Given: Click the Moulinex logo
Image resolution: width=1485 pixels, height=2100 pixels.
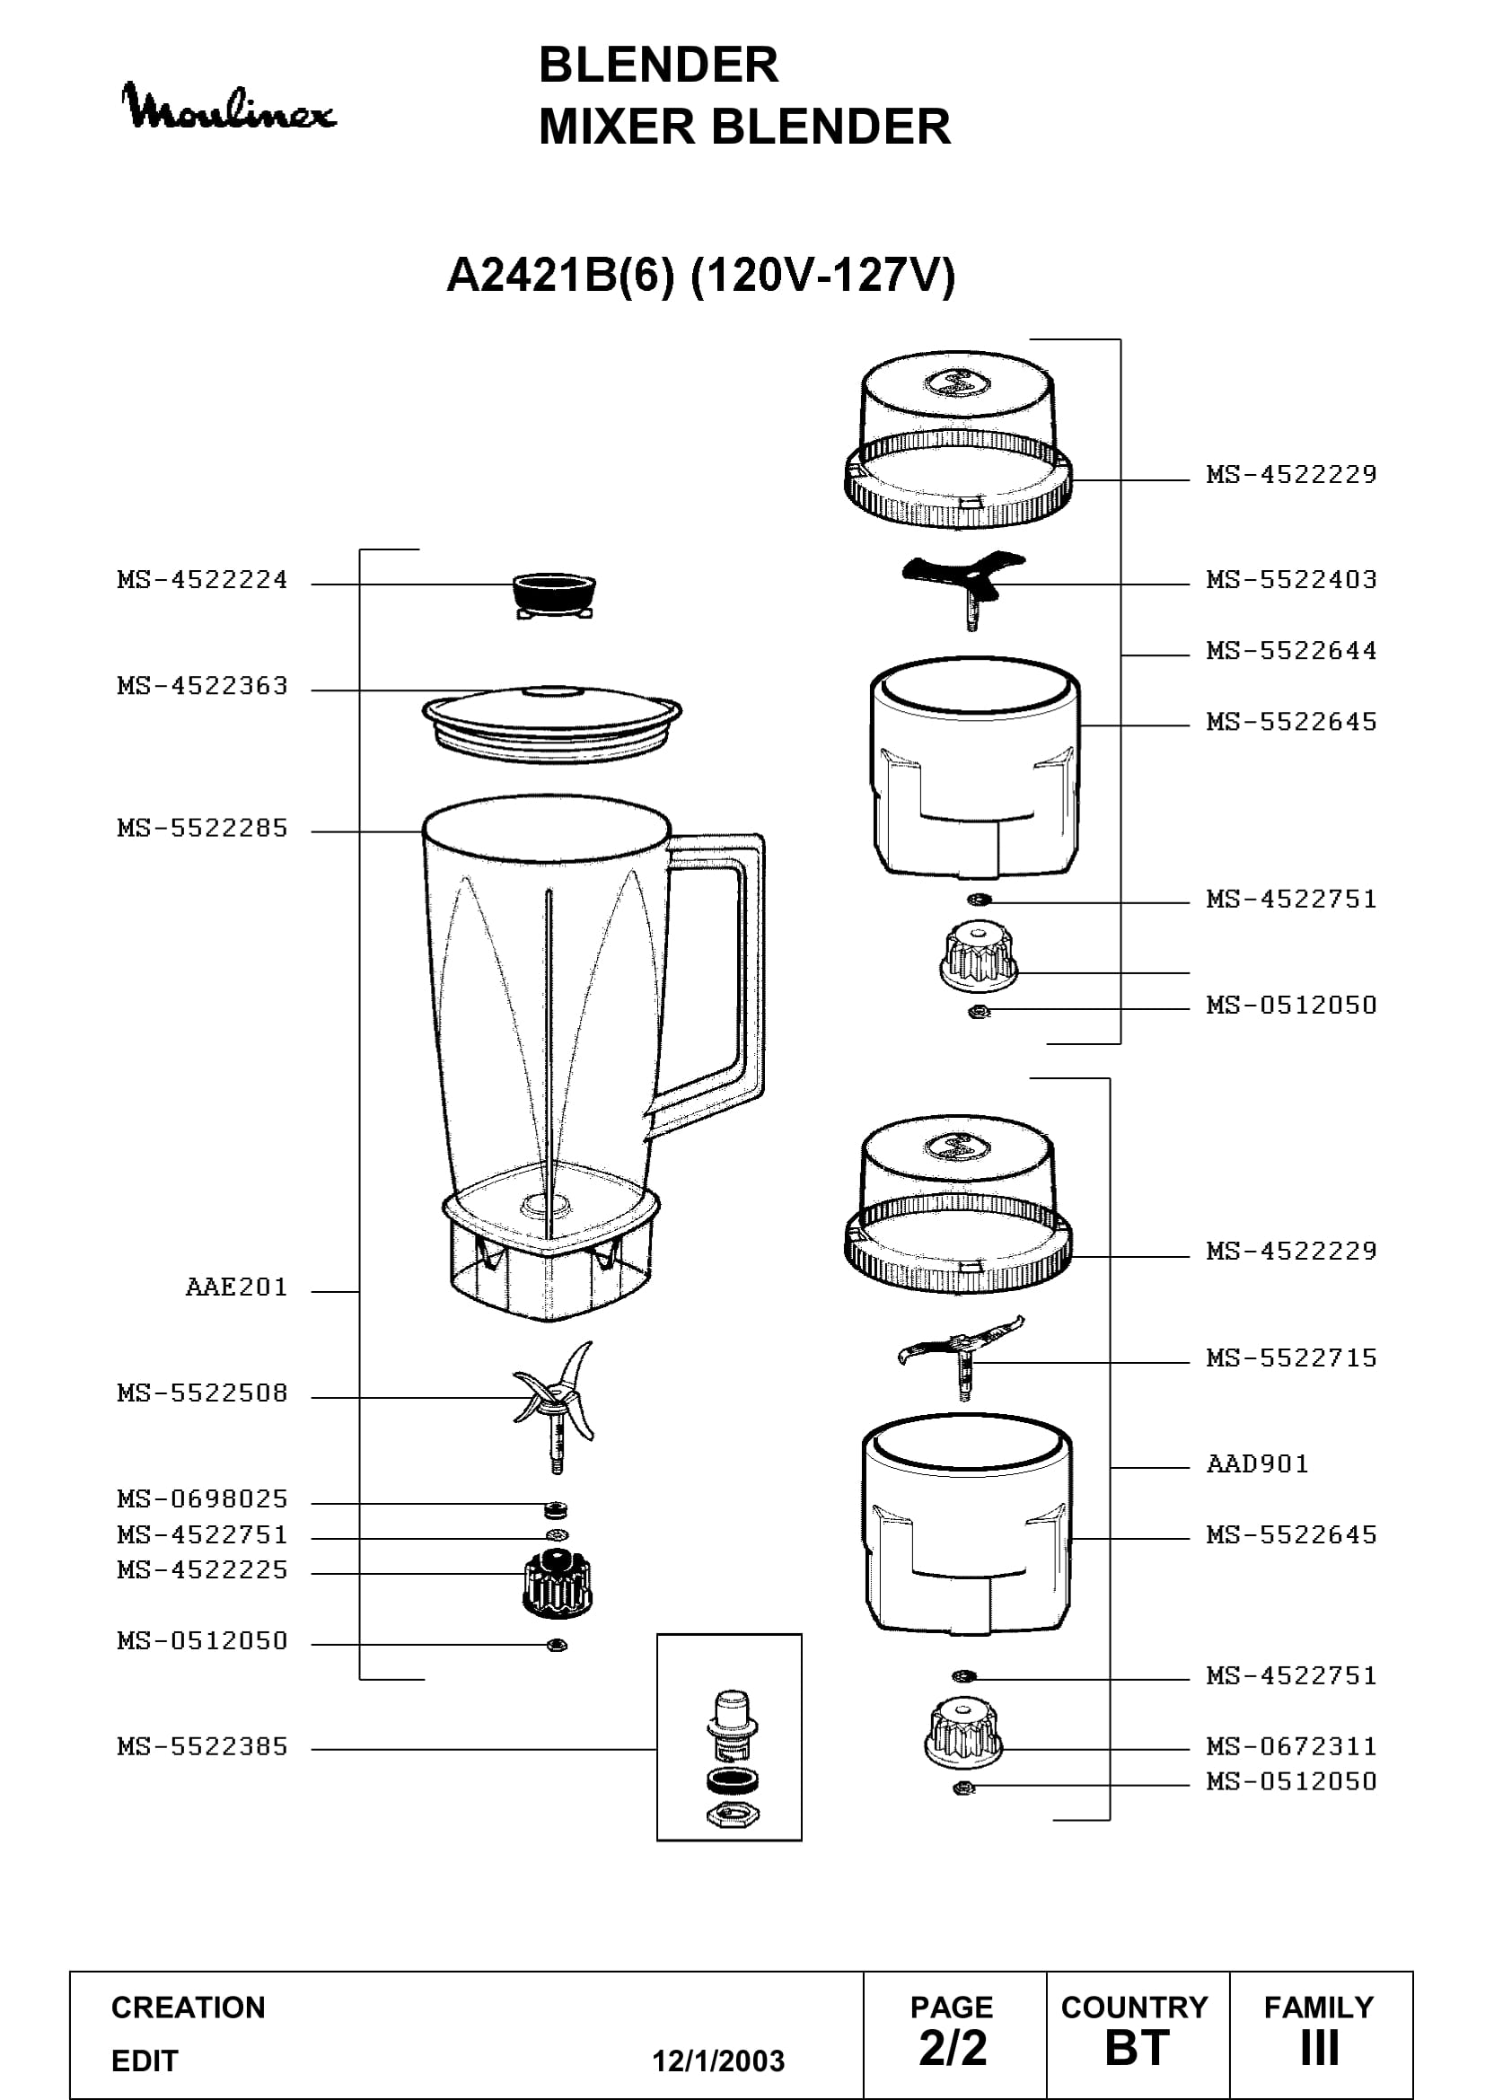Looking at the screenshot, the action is click(x=229, y=106).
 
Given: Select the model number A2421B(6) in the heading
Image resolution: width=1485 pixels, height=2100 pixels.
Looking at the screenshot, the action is click(x=559, y=275).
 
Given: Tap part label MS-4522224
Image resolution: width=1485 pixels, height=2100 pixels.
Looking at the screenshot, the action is click(x=202, y=580).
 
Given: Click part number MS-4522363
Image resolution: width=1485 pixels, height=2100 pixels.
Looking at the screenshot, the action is click(x=202, y=686).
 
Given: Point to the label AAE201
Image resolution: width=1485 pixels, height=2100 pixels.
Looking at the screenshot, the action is click(x=237, y=1287).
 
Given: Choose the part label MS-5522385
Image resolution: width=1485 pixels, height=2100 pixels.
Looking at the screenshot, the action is click(x=202, y=1747).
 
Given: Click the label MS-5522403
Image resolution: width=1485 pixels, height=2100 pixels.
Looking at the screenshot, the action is click(x=1291, y=580).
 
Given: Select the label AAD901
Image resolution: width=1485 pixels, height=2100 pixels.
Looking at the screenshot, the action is click(x=1257, y=1464).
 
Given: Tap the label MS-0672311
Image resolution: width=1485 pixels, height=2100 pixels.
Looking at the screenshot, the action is click(x=1291, y=1747).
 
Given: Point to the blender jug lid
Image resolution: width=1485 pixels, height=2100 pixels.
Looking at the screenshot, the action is click(x=551, y=725).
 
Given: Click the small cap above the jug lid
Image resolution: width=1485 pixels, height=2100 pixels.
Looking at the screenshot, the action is click(x=554, y=595).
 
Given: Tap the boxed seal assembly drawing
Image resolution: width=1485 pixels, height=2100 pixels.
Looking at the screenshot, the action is click(x=729, y=1737).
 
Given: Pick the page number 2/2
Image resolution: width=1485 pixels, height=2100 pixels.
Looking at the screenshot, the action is click(x=953, y=2047).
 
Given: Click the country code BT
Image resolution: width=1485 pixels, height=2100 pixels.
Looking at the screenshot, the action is click(x=1137, y=2048).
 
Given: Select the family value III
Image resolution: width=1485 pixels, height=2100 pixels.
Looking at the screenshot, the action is click(x=1320, y=2048).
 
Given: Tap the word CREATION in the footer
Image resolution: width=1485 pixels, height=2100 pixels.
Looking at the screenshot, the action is click(x=189, y=2007).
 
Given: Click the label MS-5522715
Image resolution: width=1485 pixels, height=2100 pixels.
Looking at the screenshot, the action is click(x=1291, y=1358).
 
